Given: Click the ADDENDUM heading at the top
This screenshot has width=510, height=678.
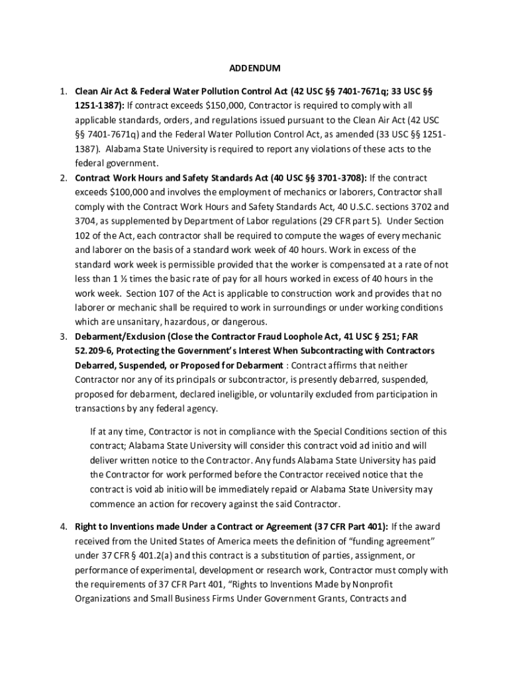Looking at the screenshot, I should click(x=255, y=68).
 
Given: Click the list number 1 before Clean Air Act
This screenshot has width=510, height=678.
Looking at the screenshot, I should click(x=62, y=91).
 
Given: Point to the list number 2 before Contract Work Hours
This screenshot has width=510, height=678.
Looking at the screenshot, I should click(x=62, y=178).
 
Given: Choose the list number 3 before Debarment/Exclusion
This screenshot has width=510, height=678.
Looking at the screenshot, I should click(x=62, y=336).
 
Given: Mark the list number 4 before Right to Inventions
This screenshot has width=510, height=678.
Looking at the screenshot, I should click(x=62, y=527).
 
